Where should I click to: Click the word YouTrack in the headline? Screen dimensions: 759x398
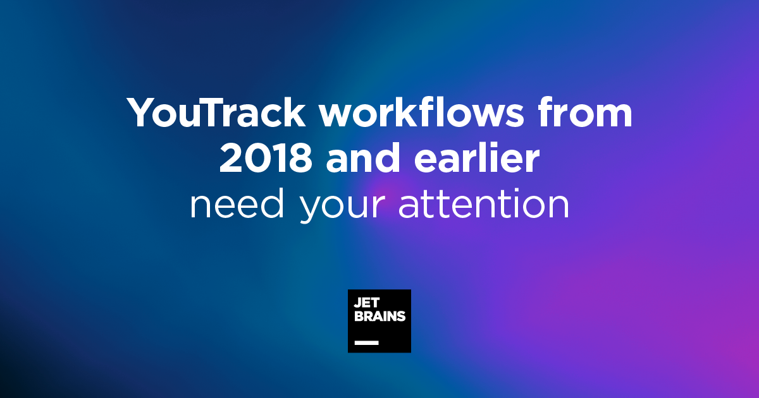point(216,112)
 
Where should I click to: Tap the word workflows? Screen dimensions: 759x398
point(421,112)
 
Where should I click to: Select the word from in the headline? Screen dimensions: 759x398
point(585,112)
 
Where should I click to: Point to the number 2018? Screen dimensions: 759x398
point(266,159)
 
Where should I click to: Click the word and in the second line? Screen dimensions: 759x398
point(362,158)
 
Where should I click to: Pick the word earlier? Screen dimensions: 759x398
point(477,158)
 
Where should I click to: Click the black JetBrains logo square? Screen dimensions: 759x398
point(379,321)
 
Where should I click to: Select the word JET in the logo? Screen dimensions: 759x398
point(367,303)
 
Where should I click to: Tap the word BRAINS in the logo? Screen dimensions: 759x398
point(380,316)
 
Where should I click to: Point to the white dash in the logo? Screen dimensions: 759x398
point(367,343)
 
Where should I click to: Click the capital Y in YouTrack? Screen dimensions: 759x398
point(141,112)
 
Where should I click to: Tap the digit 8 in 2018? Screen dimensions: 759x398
point(300,159)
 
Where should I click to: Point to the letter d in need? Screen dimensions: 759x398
point(271,203)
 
